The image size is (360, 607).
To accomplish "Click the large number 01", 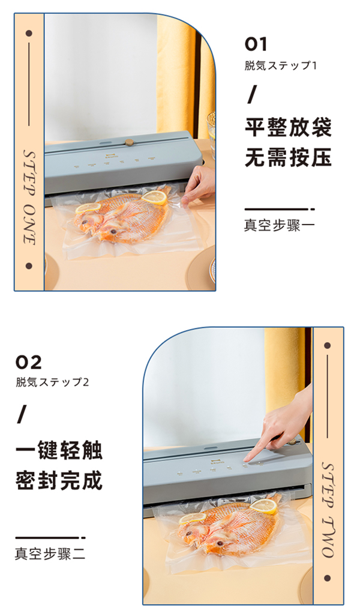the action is pos(256,44).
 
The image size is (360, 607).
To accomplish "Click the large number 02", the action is pos(28,363).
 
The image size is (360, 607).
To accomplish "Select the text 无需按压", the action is pos(288,157).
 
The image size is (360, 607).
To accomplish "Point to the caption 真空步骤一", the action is pos(279,225).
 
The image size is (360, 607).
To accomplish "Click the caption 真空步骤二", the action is pos(50,554).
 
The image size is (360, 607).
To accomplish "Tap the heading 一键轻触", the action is pos(59,450).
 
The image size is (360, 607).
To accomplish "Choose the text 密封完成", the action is pos(59,480).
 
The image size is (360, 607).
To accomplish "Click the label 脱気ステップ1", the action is pos(280,65).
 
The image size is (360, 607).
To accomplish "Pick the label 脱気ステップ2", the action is pos(52,382).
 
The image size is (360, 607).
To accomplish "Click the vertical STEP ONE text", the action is pos(29,197).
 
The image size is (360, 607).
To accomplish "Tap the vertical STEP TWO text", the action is pos(328,510).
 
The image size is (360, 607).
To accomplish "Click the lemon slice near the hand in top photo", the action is pos(154,198).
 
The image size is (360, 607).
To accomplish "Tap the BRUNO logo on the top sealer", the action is pos(110,157).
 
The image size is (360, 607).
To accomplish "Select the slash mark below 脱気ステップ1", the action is pos(251,95).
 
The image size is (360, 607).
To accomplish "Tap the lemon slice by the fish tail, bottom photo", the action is pos(263,506).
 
